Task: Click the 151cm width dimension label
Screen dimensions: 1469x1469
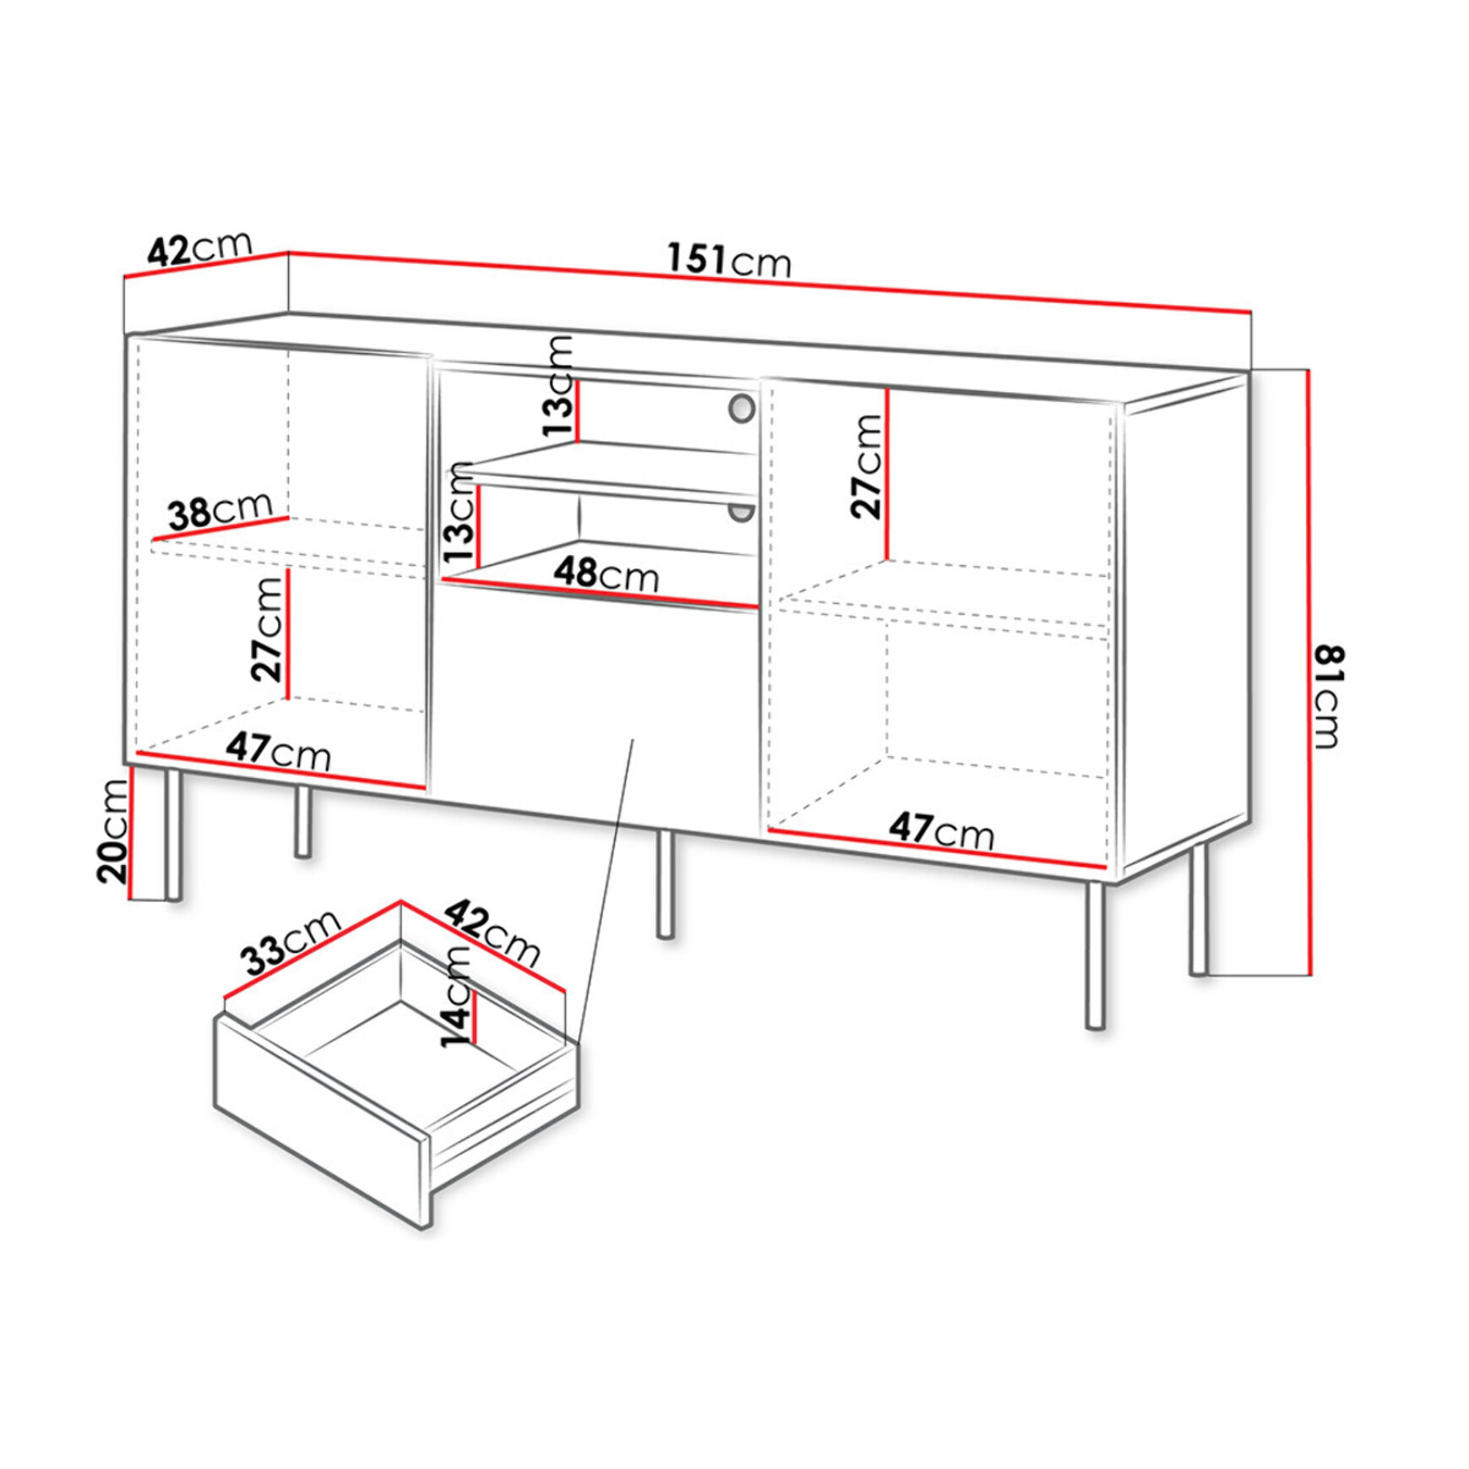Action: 728,259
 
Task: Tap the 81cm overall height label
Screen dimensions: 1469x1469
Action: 1328,696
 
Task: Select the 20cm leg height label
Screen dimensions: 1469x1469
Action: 112,831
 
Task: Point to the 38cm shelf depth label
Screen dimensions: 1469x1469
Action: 220,511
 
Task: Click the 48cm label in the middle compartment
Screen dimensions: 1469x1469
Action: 606,574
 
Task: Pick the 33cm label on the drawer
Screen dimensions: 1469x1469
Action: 290,943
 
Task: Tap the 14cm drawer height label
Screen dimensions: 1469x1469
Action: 456,996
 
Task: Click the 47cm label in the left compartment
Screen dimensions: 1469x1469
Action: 278,750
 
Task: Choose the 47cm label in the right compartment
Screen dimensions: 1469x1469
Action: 941,830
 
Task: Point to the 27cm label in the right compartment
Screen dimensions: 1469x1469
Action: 867,465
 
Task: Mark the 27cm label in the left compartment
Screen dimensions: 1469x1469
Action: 267,628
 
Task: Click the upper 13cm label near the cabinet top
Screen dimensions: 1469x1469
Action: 558,385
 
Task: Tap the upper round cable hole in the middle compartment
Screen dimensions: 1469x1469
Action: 741,409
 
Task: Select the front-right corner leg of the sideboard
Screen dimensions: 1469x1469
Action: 1095,955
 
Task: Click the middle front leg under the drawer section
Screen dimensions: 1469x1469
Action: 666,883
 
